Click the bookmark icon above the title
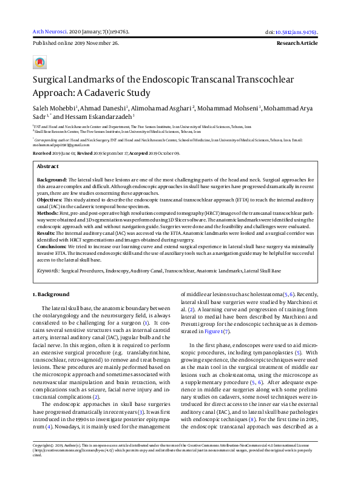(x=40, y=63)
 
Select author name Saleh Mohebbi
(x=54, y=109)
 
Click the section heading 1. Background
(x=51, y=294)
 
